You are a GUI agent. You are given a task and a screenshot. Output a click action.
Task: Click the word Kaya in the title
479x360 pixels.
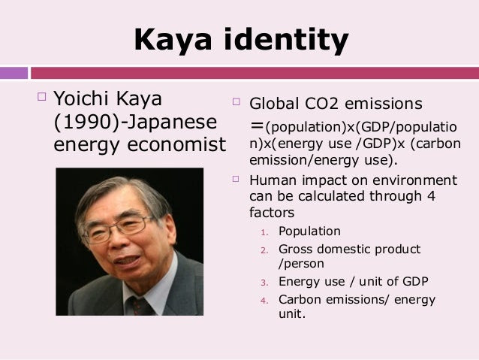point(173,40)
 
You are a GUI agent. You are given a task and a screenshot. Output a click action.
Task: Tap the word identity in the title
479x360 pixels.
point(286,40)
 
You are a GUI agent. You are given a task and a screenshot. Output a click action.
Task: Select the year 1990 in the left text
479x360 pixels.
point(86,122)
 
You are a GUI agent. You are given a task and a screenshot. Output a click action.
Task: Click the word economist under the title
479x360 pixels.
point(176,144)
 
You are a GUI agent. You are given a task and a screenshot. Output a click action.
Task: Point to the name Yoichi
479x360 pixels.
point(81,98)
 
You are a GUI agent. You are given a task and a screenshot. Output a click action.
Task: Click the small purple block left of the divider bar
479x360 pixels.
point(14,73)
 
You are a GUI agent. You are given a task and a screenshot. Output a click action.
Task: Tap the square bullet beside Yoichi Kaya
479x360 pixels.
point(41,97)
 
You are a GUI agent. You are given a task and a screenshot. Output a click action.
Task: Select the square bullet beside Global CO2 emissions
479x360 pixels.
point(236,101)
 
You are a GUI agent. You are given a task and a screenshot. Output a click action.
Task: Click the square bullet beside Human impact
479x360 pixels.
point(236,179)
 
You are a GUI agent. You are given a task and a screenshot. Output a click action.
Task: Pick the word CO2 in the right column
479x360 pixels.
point(321,104)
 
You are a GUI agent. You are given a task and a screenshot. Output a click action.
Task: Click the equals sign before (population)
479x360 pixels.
point(257,126)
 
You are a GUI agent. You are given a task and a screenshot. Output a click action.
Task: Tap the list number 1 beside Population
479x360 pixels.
point(264,233)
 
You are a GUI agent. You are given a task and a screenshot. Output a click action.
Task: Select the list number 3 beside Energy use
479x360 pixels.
point(264,283)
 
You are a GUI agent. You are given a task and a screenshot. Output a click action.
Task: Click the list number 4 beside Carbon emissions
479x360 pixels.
point(264,301)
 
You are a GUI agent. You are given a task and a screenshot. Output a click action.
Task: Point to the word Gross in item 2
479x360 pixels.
point(296,250)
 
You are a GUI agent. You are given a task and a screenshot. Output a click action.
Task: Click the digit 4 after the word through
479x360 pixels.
point(431,196)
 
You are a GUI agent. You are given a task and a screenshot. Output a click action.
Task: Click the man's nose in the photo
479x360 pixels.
point(120,241)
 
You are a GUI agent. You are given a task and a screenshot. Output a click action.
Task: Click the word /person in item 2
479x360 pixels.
point(301,264)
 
